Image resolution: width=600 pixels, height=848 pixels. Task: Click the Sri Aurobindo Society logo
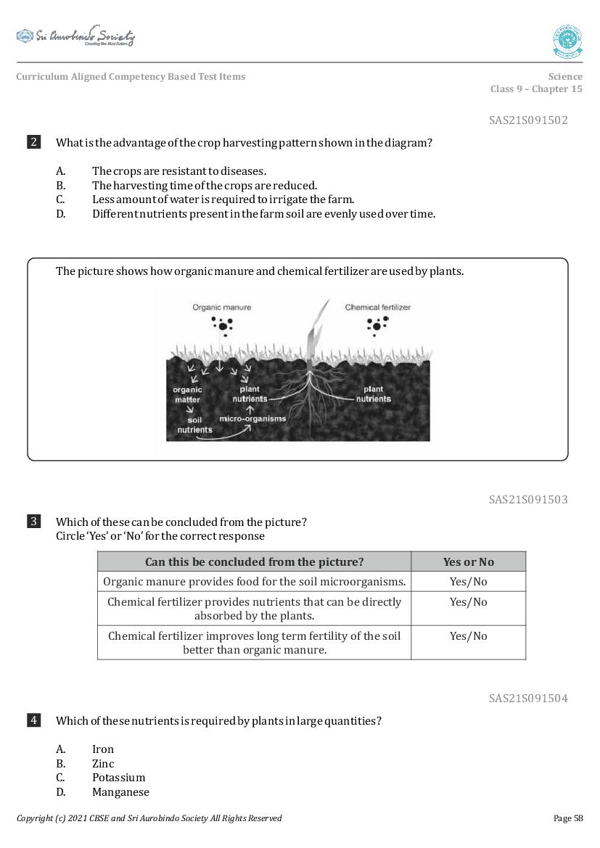pyautogui.click(x=75, y=37)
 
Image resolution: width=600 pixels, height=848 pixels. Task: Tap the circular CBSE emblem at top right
pyautogui.click(x=567, y=41)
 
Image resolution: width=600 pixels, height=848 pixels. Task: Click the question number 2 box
pyautogui.click(x=33, y=142)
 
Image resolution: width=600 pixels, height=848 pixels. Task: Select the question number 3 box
pyautogui.click(x=33, y=522)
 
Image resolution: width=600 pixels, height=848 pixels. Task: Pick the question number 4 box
pyautogui.click(x=33, y=720)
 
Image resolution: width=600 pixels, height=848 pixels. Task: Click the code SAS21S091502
pyautogui.click(x=528, y=120)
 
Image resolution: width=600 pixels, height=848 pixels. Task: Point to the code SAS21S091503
pyautogui.click(x=528, y=499)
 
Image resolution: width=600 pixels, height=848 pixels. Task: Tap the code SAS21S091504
pyautogui.click(x=528, y=698)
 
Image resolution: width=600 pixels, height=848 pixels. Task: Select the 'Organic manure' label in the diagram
pyautogui.click(x=221, y=308)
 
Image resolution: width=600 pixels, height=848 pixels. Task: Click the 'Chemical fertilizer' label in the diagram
pyautogui.click(x=377, y=308)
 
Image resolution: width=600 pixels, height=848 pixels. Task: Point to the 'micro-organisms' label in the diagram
pyautogui.click(x=252, y=419)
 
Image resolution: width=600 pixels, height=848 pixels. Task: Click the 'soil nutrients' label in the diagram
pyautogui.click(x=194, y=425)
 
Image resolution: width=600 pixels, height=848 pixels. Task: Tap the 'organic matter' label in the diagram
pyautogui.click(x=187, y=395)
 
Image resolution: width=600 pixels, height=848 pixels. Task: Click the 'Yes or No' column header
pyautogui.click(x=468, y=561)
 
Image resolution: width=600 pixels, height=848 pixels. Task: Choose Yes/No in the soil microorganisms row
pyautogui.click(x=468, y=582)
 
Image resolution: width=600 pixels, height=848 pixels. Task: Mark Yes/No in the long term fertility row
pyautogui.click(x=468, y=636)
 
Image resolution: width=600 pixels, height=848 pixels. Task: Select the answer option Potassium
pyautogui.click(x=118, y=778)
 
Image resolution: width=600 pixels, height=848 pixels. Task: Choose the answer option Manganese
pyautogui.click(x=120, y=792)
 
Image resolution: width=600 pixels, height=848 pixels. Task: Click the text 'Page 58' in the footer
pyautogui.click(x=567, y=818)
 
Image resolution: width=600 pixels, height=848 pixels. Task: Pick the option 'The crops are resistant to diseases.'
pyautogui.click(x=179, y=171)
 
